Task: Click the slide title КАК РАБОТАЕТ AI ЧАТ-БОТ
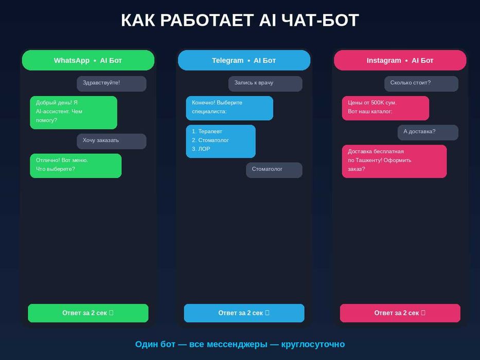tap(240, 21)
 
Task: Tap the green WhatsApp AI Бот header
tap(88, 60)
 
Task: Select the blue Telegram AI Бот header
tap(244, 60)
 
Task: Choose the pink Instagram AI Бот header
tap(400, 60)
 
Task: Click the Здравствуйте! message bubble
tap(111, 83)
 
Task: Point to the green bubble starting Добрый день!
tap(73, 112)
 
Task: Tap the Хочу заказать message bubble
tap(111, 141)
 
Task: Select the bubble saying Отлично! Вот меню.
tap(75, 165)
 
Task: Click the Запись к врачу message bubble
tap(265, 83)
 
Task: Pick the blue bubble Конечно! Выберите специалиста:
tap(229, 107)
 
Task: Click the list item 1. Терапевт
tap(207, 132)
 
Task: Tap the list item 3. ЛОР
tap(201, 149)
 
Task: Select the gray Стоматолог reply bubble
tap(274, 170)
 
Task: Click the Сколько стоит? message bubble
tap(421, 83)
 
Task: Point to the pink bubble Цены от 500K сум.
tap(385, 107)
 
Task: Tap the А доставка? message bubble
tap(428, 132)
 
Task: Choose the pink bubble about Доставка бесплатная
tap(394, 161)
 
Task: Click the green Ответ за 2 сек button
tap(88, 313)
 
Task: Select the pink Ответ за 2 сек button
tap(400, 313)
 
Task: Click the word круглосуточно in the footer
tap(313, 344)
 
